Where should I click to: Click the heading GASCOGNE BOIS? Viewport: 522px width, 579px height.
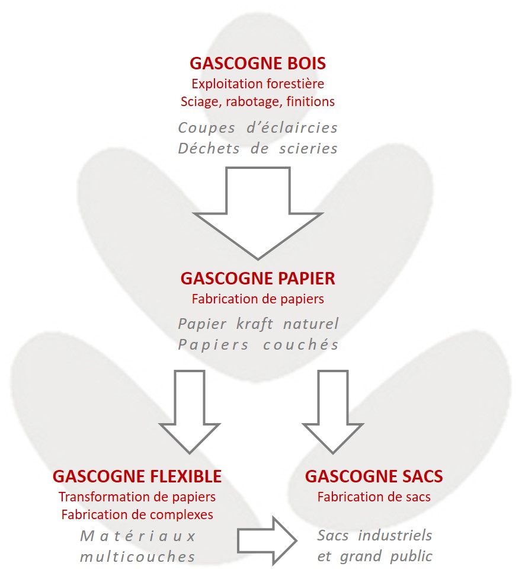[258, 63]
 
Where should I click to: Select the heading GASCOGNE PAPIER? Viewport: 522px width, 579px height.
[258, 278]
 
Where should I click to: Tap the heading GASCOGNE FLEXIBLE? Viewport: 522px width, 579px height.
[137, 476]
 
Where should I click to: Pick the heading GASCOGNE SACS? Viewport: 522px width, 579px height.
[374, 476]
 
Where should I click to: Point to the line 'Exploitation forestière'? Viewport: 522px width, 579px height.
[258, 84]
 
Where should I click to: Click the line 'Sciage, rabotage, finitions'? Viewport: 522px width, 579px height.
[258, 101]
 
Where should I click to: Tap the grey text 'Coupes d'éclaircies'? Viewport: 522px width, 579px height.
[258, 127]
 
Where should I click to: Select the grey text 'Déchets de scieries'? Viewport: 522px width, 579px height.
[258, 148]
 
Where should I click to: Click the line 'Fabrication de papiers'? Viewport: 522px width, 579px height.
[258, 299]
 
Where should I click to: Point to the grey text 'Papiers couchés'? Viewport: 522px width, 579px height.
[258, 345]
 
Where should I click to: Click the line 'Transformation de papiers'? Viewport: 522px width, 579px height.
[137, 497]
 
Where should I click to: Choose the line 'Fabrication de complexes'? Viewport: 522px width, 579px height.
[137, 514]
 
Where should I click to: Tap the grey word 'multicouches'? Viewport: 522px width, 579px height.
[137, 556]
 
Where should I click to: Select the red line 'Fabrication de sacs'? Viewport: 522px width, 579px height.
[374, 497]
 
